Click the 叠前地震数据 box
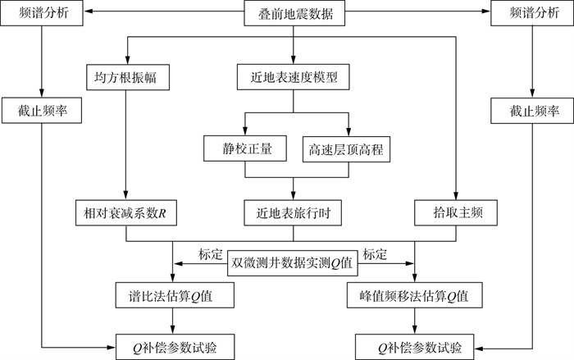coord(293,13)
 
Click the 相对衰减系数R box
coord(125,212)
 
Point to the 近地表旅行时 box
coord(293,212)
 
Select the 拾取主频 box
coord(454,212)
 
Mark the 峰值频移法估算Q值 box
coord(416,294)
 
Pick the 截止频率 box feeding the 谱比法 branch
coord(40,110)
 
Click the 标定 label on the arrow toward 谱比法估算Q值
coord(211,253)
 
